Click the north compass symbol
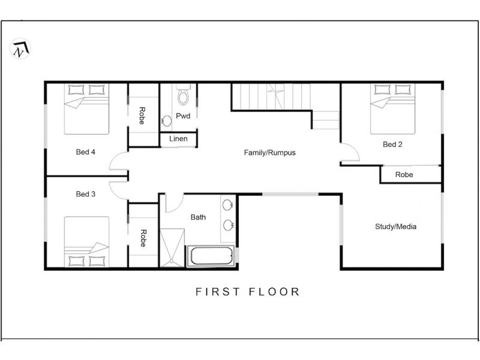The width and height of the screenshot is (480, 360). tap(20, 49)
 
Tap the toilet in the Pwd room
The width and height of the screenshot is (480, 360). tap(184, 95)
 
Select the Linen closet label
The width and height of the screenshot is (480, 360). tap(178, 139)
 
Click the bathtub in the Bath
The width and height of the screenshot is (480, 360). tap(211, 256)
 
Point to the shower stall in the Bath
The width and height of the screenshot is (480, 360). tap(172, 248)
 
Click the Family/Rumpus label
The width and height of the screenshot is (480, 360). tap(269, 152)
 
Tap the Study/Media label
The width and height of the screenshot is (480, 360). tap(395, 227)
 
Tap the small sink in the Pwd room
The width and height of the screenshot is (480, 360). tap(167, 121)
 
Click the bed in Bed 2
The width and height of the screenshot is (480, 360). tap(393, 109)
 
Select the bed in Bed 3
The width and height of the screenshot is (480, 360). tap(86, 242)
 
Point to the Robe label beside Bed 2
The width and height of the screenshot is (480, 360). tap(404, 175)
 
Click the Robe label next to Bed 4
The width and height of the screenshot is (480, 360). tap(142, 116)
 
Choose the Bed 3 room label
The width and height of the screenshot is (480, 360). tap(85, 194)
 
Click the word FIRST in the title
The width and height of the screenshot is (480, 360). tap(217, 292)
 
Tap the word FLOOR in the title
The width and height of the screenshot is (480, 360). tap(274, 292)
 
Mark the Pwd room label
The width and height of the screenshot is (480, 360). tap(183, 116)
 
